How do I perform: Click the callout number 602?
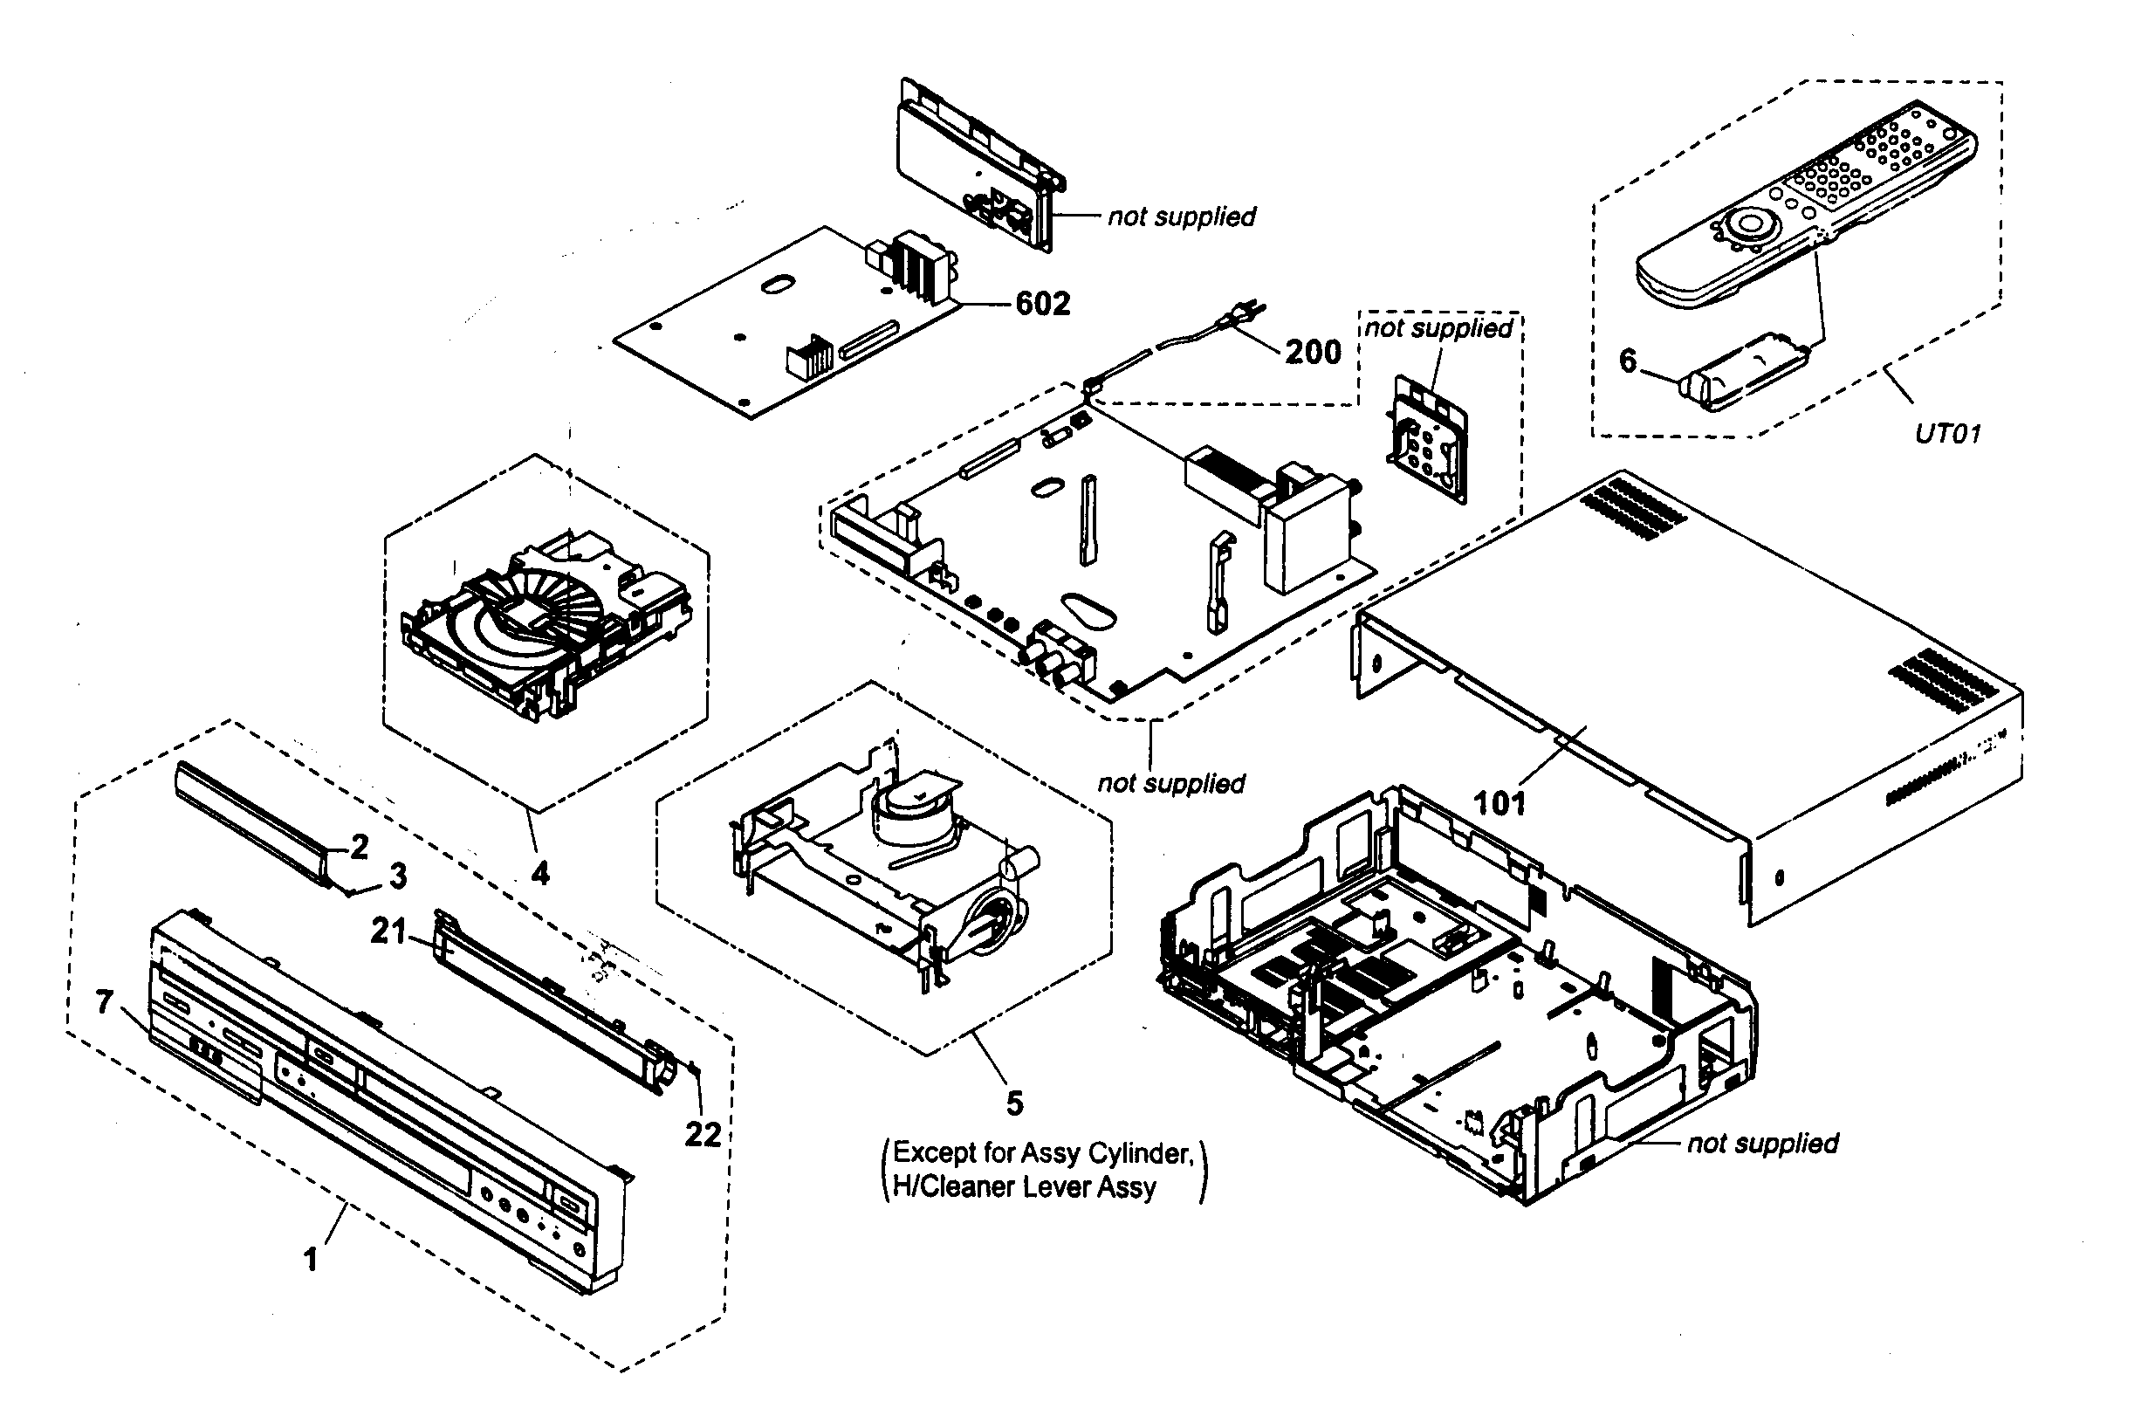point(1042,304)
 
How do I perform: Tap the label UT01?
point(1947,434)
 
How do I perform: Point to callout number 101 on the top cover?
point(1499,802)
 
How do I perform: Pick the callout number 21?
point(389,931)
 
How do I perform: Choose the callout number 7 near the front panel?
point(105,1002)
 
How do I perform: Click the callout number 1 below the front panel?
point(311,1260)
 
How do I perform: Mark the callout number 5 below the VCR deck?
point(1014,1103)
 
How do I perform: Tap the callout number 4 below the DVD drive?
point(539,873)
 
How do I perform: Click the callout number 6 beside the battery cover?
point(1627,361)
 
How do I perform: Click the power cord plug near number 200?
point(1241,315)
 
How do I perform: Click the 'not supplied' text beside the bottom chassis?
point(1761,1144)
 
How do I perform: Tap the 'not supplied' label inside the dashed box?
point(1438,327)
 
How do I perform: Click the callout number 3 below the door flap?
point(397,876)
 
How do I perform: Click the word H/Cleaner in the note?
point(950,1187)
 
